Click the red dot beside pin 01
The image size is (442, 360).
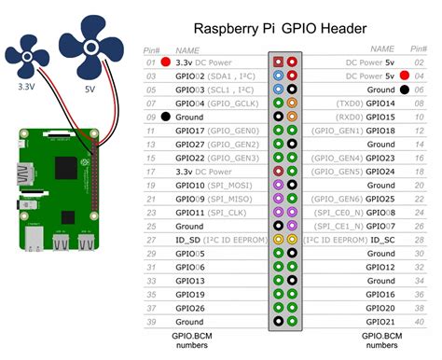click(165, 62)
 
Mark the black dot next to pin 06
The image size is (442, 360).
click(404, 90)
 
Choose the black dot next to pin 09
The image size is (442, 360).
click(165, 118)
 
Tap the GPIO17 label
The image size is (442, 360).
click(191, 132)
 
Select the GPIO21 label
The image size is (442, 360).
click(380, 322)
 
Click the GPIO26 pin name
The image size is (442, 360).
click(191, 308)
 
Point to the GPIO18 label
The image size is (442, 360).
click(380, 132)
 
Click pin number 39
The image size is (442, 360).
click(149, 322)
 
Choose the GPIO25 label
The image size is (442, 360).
click(380, 200)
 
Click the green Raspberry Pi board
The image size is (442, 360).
click(55, 191)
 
